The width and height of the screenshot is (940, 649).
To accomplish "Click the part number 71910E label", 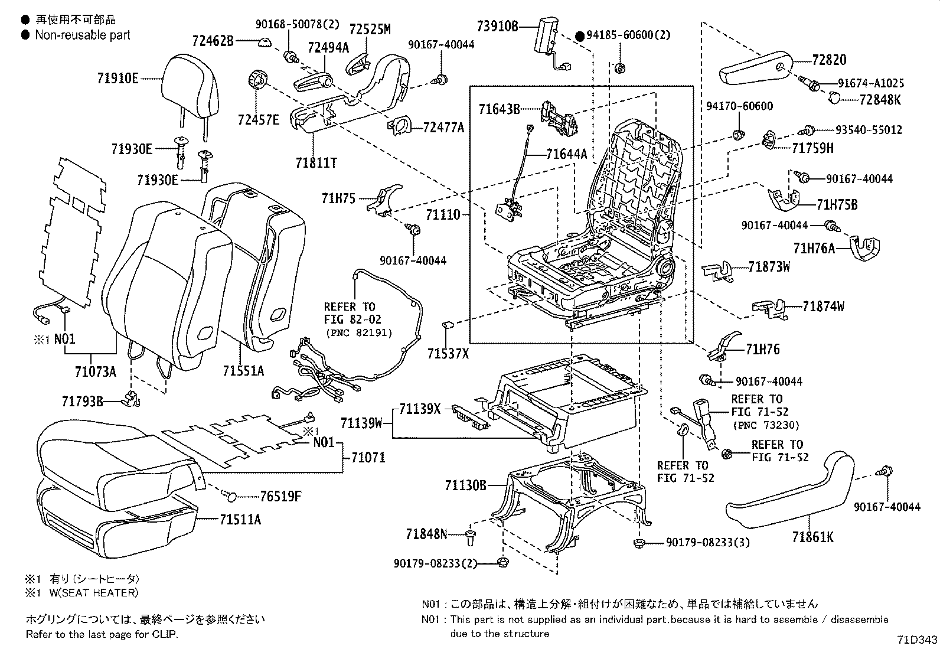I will click(x=118, y=78).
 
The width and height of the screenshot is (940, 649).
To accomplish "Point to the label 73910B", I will click(x=497, y=26).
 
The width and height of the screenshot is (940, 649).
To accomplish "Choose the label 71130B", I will click(x=466, y=485).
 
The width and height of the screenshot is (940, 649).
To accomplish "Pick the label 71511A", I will click(x=240, y=520).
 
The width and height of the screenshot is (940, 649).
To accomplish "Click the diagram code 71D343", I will click(x=917, y=640).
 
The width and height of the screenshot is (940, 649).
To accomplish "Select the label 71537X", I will click(x=448, y=353).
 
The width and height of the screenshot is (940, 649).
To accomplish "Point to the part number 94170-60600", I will click(x=739, y=106).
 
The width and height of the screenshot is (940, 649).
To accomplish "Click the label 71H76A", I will click(x=814, y=249).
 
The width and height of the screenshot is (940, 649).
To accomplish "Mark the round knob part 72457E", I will click(x=257, y=79).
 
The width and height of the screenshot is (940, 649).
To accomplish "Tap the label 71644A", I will click(x=567, y=155).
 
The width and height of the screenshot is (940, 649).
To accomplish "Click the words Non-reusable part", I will click(x=82, y=35).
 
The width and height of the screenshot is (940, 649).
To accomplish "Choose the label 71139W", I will click(x=361, y=423).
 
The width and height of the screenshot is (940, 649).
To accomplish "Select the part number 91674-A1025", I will click(x=870, y=83).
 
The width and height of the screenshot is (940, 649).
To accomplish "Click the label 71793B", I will click(x=83, y=402).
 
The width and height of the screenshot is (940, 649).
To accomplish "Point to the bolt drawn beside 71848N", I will click(x=471, y=536).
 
